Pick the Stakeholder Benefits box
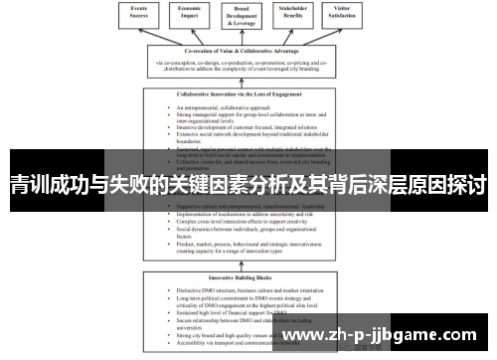click(304, 13)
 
